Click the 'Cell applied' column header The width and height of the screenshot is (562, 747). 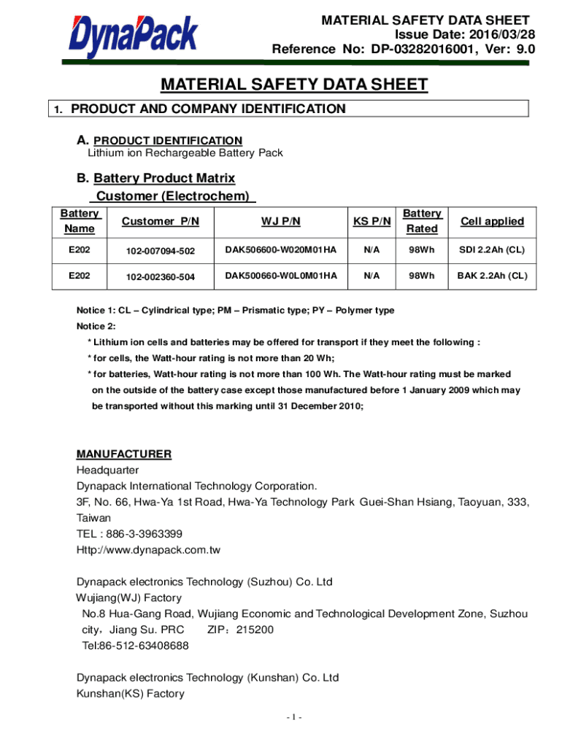tap(492, 221)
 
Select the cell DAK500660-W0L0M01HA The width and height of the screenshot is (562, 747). tap(281, 276)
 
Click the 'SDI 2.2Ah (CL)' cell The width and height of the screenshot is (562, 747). tap(492, 250)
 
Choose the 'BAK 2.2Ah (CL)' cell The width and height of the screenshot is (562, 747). tap(492, 276)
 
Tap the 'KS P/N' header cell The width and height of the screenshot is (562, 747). tap(372, 221)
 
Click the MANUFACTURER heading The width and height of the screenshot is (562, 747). tap(124, 454)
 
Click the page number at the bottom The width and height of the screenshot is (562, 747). tap(294, 717)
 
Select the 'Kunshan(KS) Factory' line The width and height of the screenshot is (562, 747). tap(131, 694)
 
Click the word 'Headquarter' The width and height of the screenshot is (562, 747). tap(107, 470)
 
